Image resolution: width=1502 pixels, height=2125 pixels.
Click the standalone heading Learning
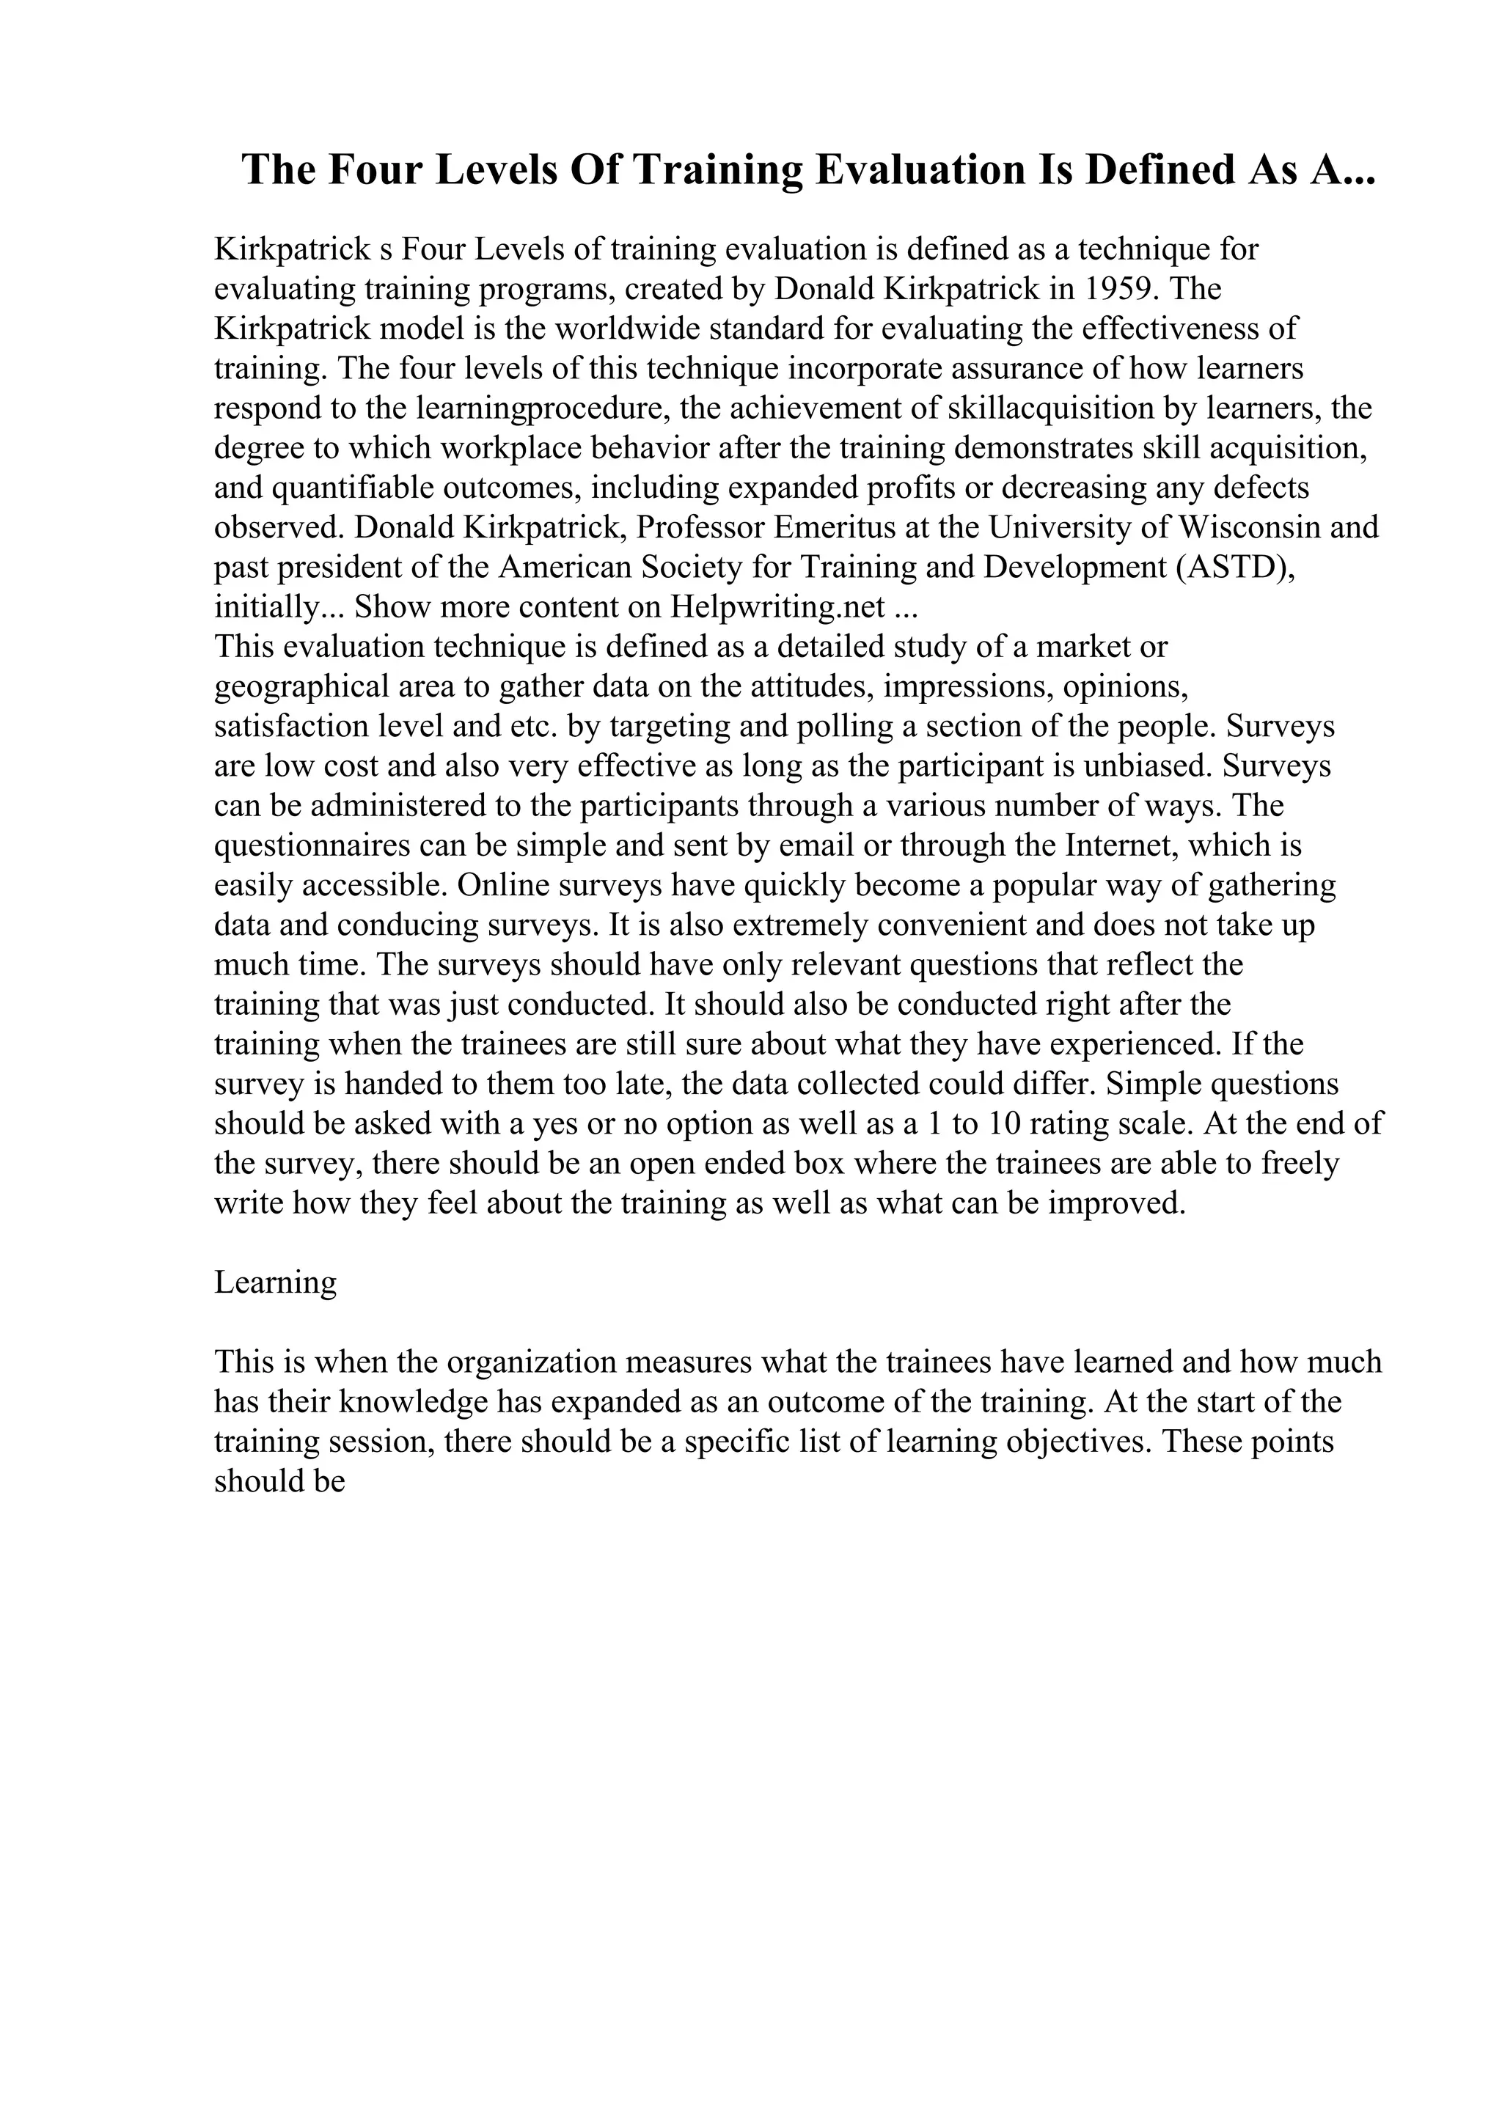click(275, 1282)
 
